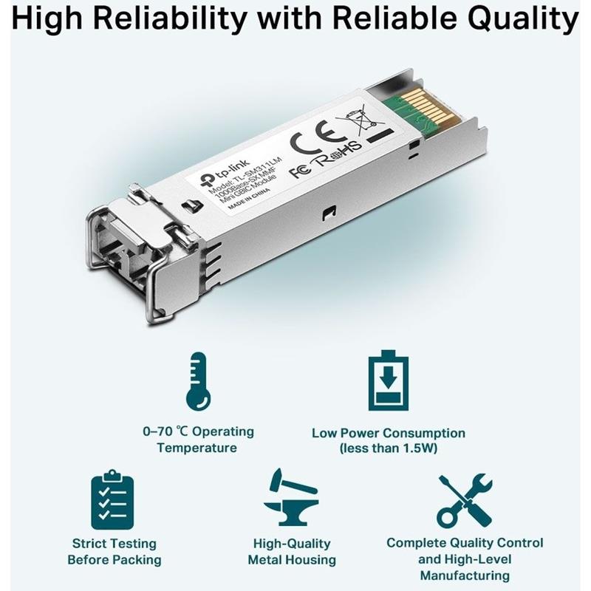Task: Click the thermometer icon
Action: [x=198, y=381]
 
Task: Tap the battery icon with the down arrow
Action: [x=389, y=380]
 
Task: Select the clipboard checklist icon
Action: [x=113, y=499]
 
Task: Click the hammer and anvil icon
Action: [x=291, y=497]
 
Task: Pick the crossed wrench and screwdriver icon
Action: [x=465, y=502]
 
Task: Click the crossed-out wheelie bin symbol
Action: [x=362, y=120]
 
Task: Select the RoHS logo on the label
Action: [x=338, y=152]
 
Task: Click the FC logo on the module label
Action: [x=301, y=171]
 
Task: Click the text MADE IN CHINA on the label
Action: [x=249, y=197]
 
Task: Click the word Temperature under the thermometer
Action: [x=197, y=448]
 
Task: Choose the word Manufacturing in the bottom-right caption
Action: [x=465, y=576]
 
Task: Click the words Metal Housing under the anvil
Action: [x=292, y=560]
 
